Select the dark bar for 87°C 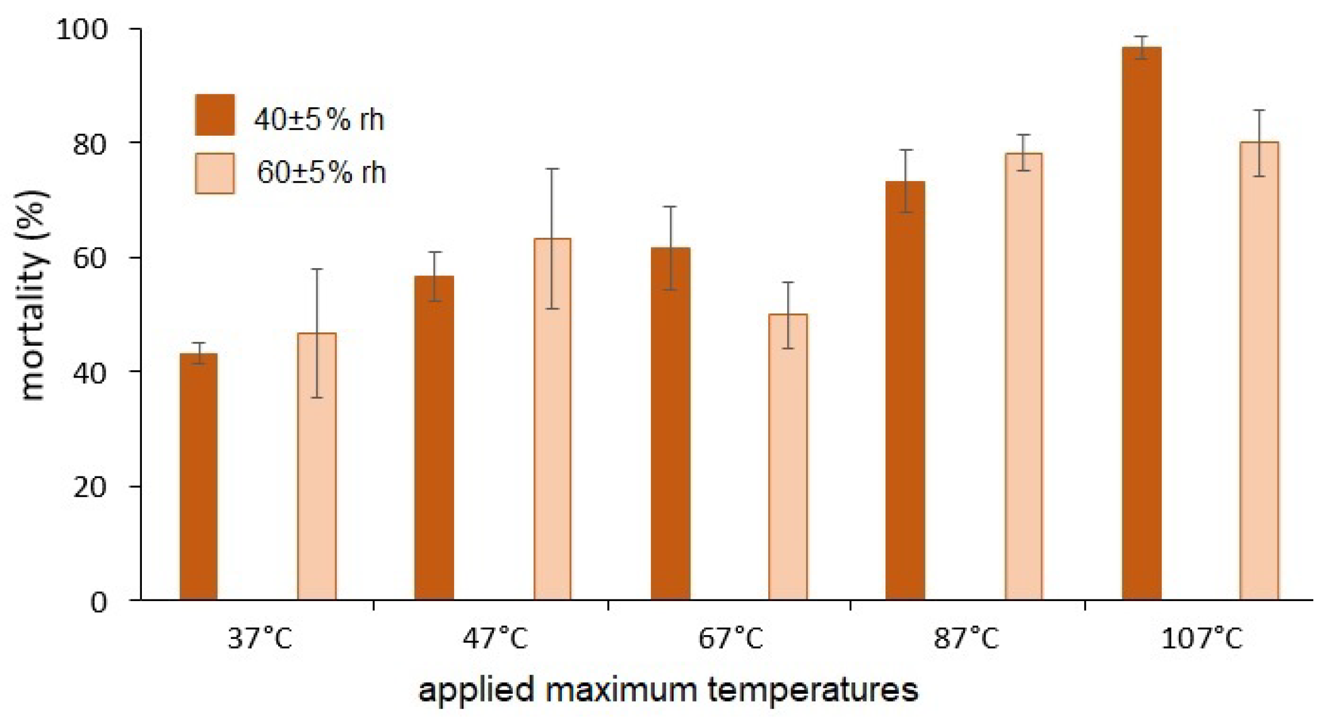906,390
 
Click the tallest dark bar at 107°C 1142,323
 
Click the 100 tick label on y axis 82,29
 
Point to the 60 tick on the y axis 89,258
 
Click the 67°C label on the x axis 731,638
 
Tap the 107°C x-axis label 1202,638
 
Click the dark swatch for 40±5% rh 215,115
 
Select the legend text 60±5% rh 321,173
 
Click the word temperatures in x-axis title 813,690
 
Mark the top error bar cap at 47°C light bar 552,169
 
